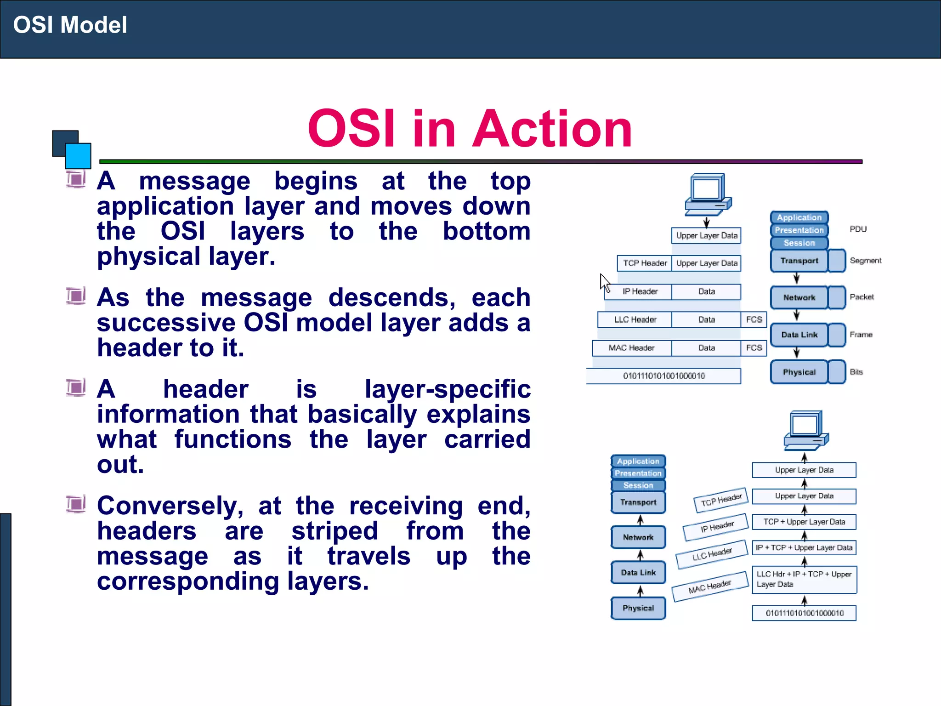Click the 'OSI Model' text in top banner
click(x=70, y=25)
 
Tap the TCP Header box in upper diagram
click(x=644, y=263)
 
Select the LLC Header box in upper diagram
click(x=635, y=319)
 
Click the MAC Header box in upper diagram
click(x=631, y=348)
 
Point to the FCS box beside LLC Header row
click(x=754, y=319)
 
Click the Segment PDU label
click(x=865, y=261)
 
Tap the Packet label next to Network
click(x=862, y=297)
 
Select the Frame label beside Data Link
click(x=861, y=335)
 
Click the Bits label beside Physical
click(x=856, y=372)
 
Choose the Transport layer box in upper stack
click(x=799, y=261)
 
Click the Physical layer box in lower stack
click(x=638, y=608)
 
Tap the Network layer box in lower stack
click(x=638, y=537)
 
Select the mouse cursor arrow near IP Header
click(x=605, y=282)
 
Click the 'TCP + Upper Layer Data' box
click(x=804, y=522)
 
